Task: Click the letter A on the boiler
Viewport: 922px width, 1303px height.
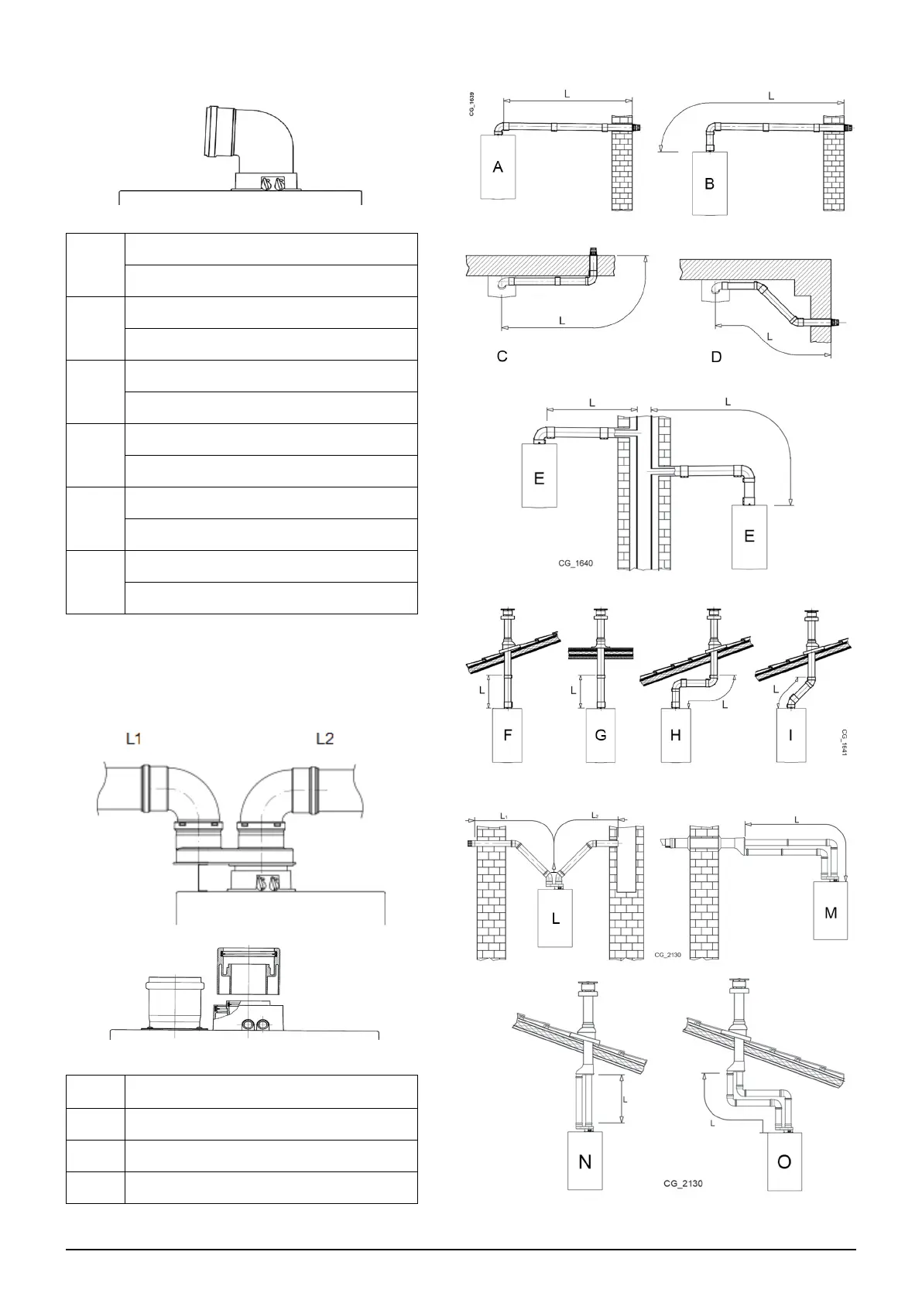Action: click(498, 166)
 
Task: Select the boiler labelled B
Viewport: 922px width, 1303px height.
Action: click(709, 183)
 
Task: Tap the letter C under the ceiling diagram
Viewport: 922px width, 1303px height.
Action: click(502, 357)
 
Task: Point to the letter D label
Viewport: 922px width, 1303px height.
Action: click(716, 357)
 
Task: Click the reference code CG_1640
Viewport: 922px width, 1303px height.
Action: click(575, 563)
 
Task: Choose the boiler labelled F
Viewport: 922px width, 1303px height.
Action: click(508, 735)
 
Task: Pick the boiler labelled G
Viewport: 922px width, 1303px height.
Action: click(601, 735)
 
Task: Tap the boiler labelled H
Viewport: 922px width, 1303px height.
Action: click(676, 735)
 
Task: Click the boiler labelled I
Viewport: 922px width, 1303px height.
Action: click(790, 735)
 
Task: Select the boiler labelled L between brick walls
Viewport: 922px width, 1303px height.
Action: click(556, 918)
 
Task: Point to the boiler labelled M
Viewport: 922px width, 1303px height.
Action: click(831, 913)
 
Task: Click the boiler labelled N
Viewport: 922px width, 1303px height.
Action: click(585, 1161)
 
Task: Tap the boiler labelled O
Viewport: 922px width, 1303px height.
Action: click(784, 1161)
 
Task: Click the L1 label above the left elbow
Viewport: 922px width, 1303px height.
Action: click(134, 739)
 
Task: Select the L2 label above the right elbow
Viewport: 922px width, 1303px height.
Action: click(325, 739)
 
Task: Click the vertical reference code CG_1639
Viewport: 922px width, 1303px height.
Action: click(472, 104)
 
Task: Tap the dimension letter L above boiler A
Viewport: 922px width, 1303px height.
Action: click(567, 94)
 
